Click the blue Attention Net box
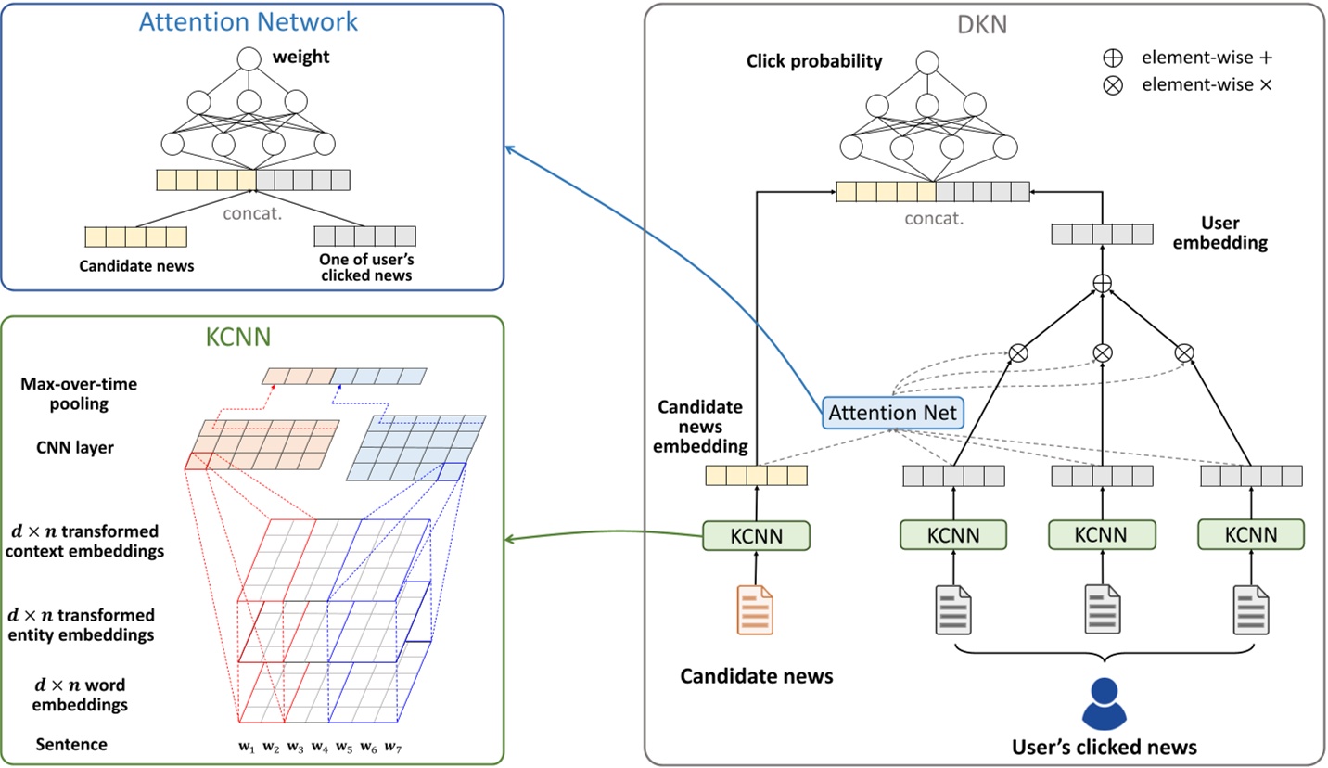click(893, 413)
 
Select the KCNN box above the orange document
click(756, 535)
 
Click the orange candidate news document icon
click(755, 609)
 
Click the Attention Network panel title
click(249, 22)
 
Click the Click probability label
click(814, 62)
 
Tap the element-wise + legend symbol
click(1112, 58)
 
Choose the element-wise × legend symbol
click(1112, 85)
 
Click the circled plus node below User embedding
click(1102, 283)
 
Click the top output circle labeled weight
click(249, 60)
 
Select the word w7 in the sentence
click(392, 747)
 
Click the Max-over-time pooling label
click(79, 394)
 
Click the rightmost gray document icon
click(1250, 609)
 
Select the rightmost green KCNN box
click(1250, 534)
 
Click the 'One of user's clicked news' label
click(365, 267)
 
